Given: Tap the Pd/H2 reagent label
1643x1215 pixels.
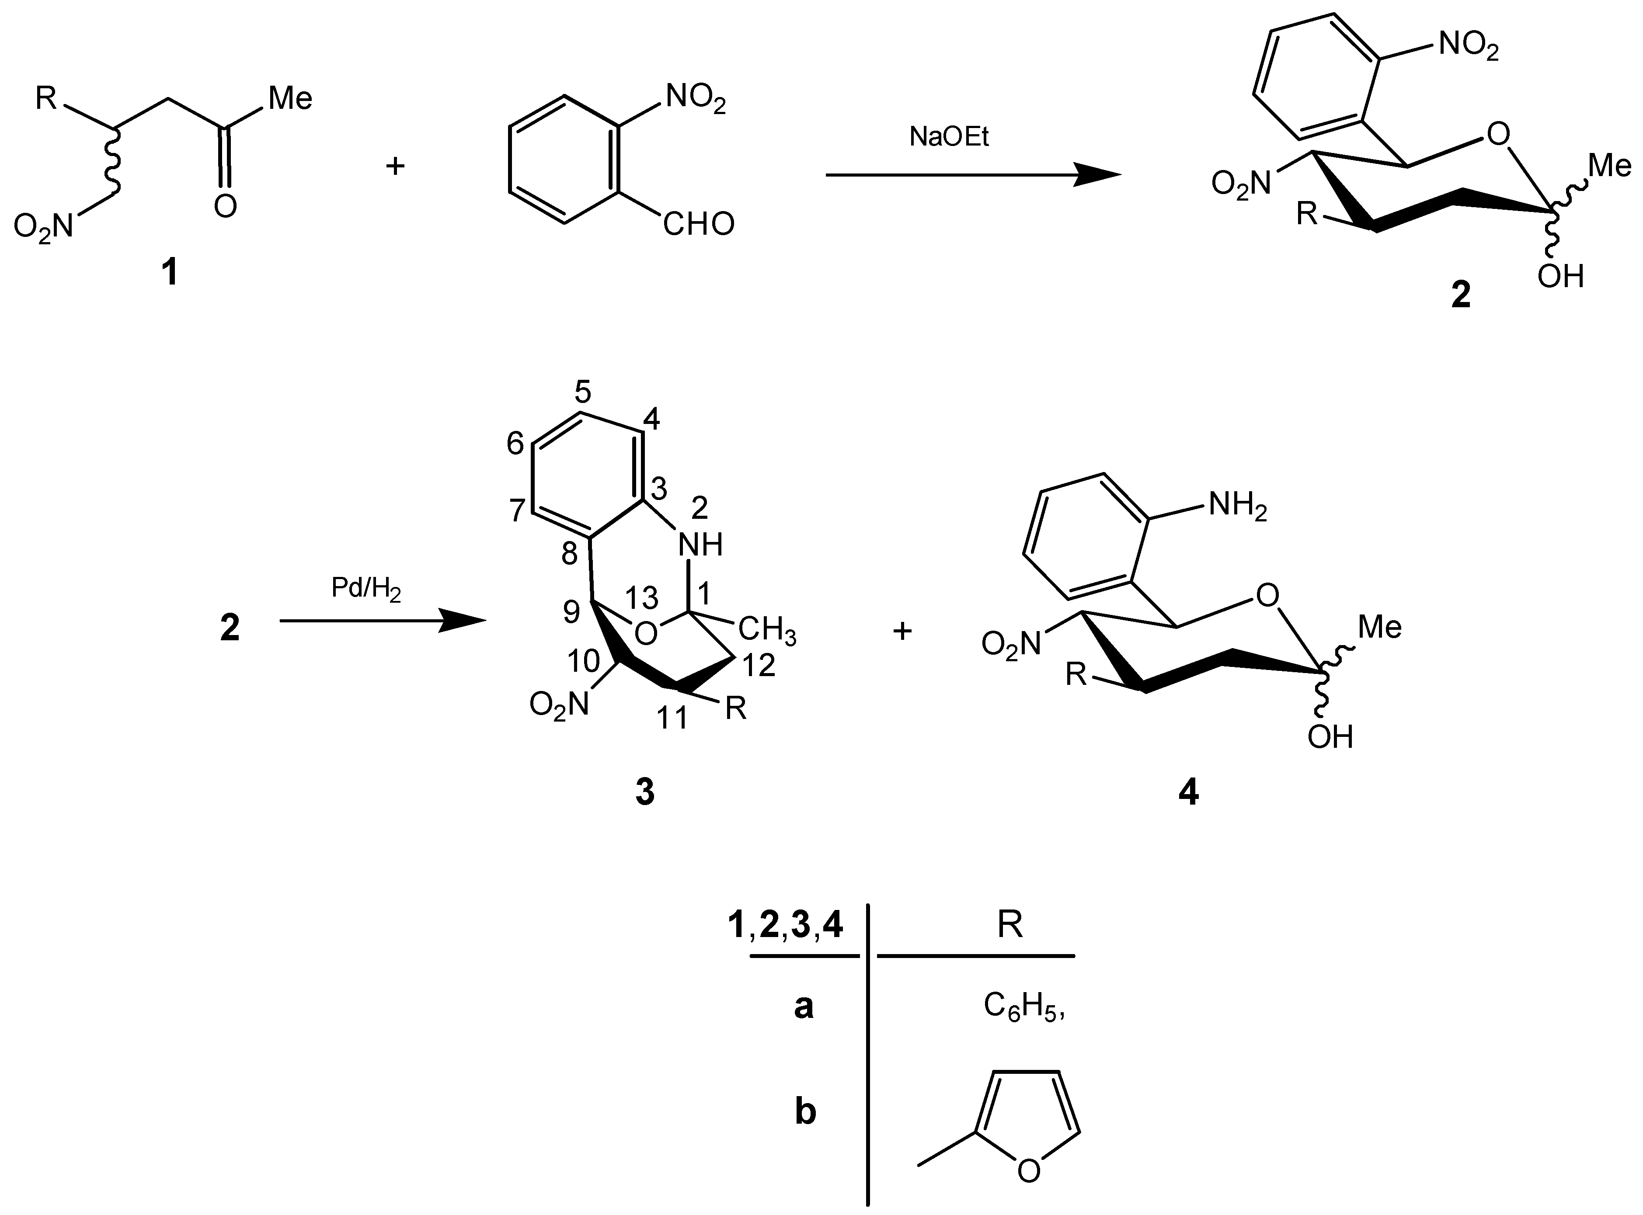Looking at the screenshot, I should pos(365,589).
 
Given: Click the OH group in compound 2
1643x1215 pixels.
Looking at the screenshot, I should pos(1560,277).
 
